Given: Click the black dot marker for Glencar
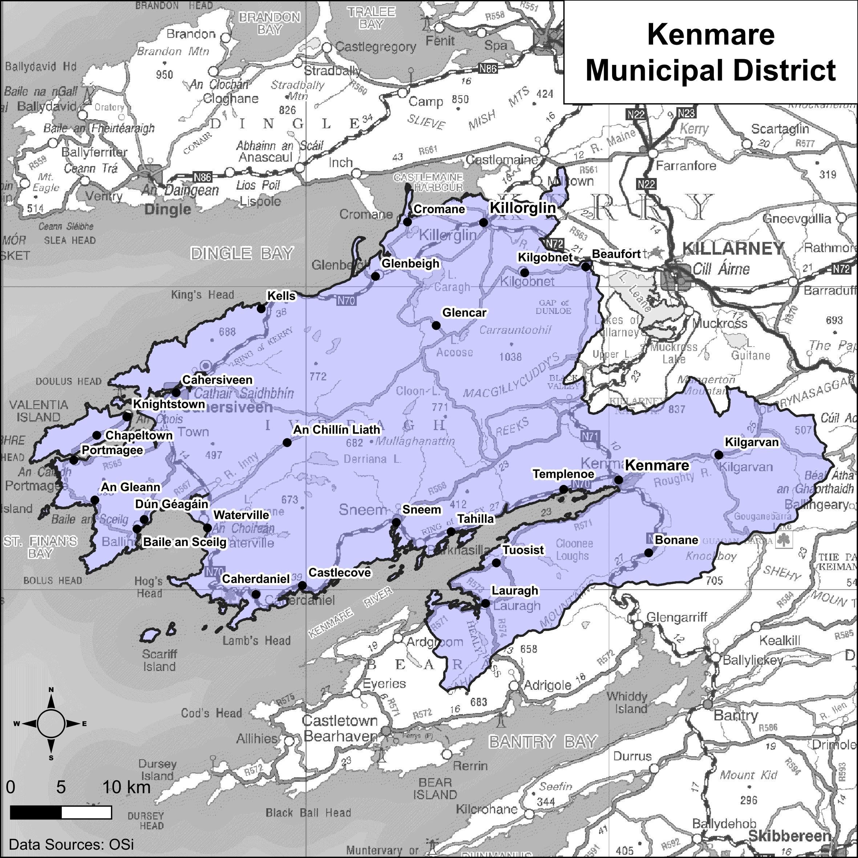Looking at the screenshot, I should coord(436,325).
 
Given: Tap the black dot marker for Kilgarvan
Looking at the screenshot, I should coord(719,455).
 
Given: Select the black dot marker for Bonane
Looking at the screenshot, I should coord(649,553).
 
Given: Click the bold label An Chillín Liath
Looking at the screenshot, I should coord(337,429).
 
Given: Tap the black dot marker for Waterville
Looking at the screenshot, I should coord(207,528).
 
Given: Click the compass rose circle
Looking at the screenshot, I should coord(51,724).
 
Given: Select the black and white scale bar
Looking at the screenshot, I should coord(60,813).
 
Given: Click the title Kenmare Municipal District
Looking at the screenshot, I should coord(711,52).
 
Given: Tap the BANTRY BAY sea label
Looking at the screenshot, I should coord(543,742).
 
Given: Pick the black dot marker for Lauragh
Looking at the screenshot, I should coord(486,603).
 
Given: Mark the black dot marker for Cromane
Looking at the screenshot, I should coord(408,222).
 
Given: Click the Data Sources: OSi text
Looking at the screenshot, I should coord(71,844).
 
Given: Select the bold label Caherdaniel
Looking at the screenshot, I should coord(256,579).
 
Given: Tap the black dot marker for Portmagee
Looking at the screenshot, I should coord(74,460).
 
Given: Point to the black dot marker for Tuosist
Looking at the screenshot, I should coord(497,563).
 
